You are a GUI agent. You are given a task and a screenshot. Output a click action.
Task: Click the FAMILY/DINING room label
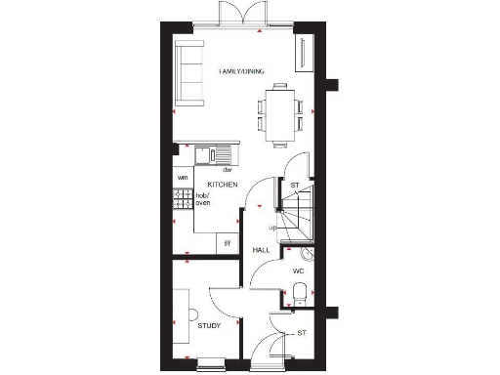pyautogui.click(x=241, y=69)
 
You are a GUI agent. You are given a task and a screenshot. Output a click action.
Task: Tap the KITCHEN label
pyautogui.click(x=223, y=184)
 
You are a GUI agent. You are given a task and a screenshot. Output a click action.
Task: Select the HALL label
pyautogui.click(x=261, y=251)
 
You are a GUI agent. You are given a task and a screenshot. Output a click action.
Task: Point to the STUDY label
pyautogui.click(x=209, y=325)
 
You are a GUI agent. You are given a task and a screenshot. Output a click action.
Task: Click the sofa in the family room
pyautogui.click(x=187, y=75)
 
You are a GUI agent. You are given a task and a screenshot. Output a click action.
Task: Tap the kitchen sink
pyautogui.click(x=213, y=154)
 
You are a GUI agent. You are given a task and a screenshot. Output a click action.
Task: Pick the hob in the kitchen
pyautogui.click(x=183, y=200)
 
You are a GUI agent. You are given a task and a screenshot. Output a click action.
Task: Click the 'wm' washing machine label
pyautogui.click(x=182, y=178)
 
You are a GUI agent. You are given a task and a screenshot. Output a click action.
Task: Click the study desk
pyautogui.click(x=182, y=312)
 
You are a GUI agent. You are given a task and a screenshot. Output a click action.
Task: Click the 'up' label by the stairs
pyautogui.click(x=273, y=228)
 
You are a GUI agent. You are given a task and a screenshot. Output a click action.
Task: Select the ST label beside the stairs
pyautogui.click(x=294, y=185)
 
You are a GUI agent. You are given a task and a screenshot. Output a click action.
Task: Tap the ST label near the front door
pyautogui.click(x=302, y=333)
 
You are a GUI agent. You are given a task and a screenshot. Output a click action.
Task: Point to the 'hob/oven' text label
pyautogui.click(x=204, y=199)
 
